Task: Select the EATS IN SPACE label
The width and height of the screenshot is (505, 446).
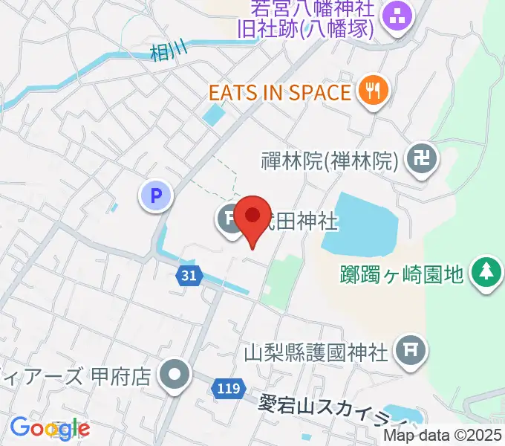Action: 279,93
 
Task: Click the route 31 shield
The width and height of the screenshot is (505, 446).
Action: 189,276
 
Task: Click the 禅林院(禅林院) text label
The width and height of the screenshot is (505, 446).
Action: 331,159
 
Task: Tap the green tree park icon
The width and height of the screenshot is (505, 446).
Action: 486,271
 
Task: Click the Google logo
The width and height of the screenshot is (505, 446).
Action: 50,428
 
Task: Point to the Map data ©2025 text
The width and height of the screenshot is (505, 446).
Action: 443,436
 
